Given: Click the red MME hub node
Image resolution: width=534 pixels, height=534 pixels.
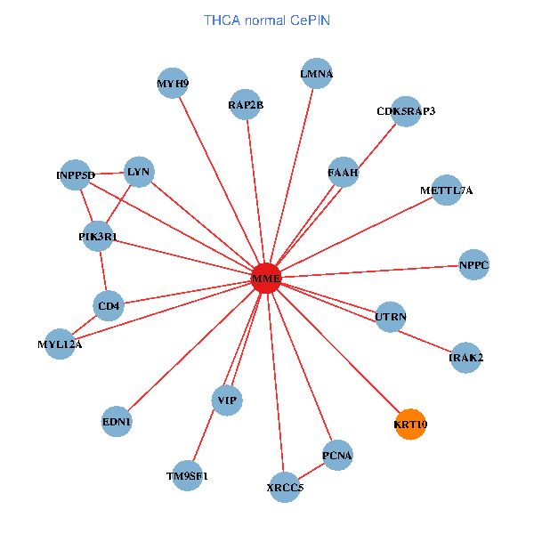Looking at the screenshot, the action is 266,278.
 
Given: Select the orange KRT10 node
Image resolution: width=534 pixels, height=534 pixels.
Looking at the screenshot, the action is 410,424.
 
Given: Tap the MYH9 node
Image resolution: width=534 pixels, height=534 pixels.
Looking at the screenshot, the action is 173,83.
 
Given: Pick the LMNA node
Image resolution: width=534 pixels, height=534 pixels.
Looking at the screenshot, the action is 317,73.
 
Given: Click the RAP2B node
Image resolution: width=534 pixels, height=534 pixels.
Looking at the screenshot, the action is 246,104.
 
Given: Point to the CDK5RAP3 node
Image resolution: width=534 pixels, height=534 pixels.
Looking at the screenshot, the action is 406,111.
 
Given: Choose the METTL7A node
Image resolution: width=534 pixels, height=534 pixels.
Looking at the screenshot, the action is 447,190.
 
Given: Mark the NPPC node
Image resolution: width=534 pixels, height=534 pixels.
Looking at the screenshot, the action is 473,264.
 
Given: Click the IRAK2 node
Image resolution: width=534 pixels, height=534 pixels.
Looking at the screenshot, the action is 465,357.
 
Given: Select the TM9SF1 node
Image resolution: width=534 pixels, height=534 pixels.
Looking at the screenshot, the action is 187,475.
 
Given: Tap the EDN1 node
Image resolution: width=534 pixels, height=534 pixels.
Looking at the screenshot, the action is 117,421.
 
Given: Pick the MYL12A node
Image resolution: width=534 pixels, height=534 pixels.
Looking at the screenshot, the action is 60,344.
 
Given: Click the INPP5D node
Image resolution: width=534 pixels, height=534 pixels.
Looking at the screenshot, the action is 75,174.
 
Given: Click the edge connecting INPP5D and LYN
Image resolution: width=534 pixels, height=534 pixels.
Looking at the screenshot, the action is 107,174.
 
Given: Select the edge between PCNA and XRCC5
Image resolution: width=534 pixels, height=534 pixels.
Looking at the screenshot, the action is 311,471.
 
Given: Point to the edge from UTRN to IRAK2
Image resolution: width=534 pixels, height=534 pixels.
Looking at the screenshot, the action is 425,341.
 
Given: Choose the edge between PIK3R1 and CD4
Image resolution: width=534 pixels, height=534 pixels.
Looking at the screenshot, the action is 103,271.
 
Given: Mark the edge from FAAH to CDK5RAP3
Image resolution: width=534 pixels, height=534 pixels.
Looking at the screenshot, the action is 377,146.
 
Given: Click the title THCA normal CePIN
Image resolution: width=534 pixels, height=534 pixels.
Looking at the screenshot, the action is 267,20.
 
